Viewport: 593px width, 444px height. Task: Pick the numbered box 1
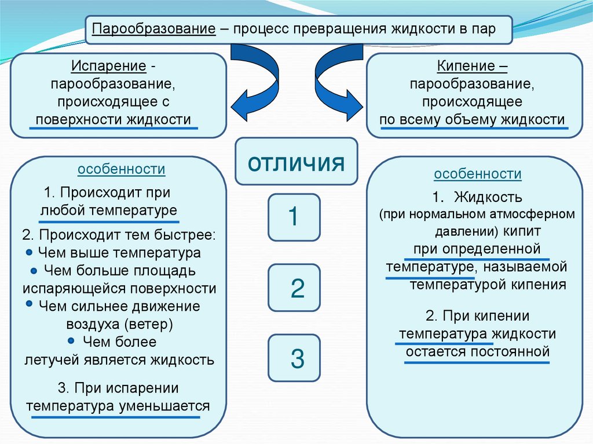pos(294,217)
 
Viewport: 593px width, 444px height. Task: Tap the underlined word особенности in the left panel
pos(122,170)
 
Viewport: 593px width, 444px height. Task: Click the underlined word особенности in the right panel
pos(478,174)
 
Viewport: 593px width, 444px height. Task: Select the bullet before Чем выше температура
pos(30,252)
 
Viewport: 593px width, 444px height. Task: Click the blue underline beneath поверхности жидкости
pos(113,128)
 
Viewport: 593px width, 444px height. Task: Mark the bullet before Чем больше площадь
pos(34,270)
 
